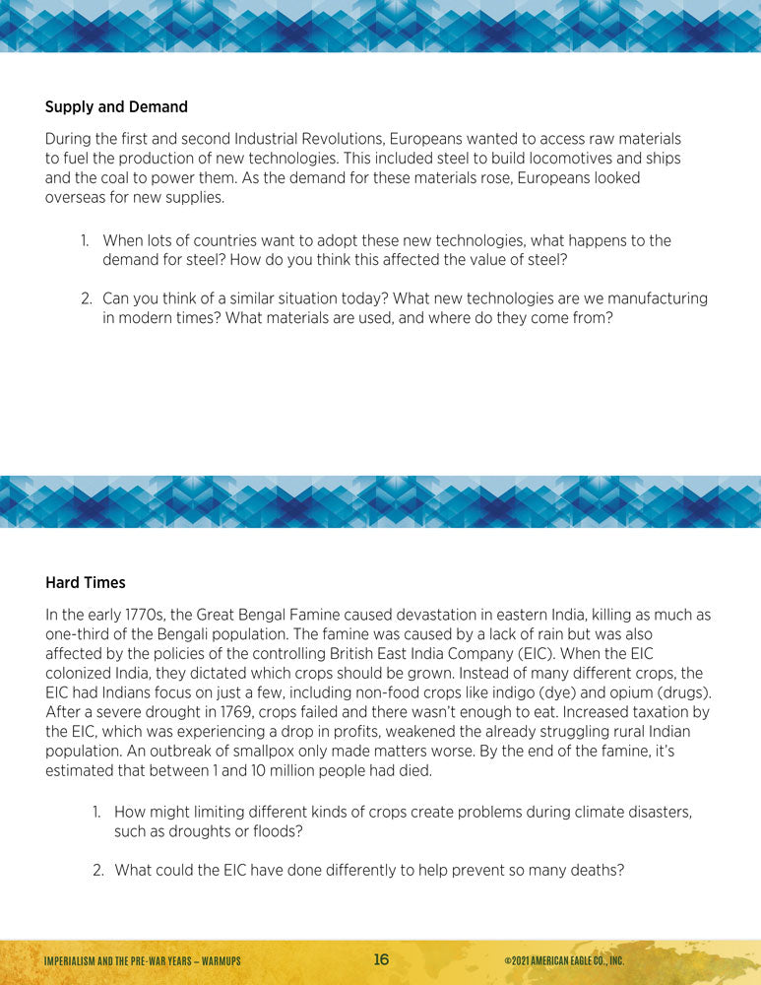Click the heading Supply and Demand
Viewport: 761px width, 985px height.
click(x=116, y=106)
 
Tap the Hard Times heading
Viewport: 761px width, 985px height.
click(x=86, y=583)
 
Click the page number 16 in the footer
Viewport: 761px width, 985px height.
click(x=381, y=960)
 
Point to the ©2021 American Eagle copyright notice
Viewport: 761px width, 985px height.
click(x=563, y=961)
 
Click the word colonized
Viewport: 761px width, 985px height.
click(x=85, y=673)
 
